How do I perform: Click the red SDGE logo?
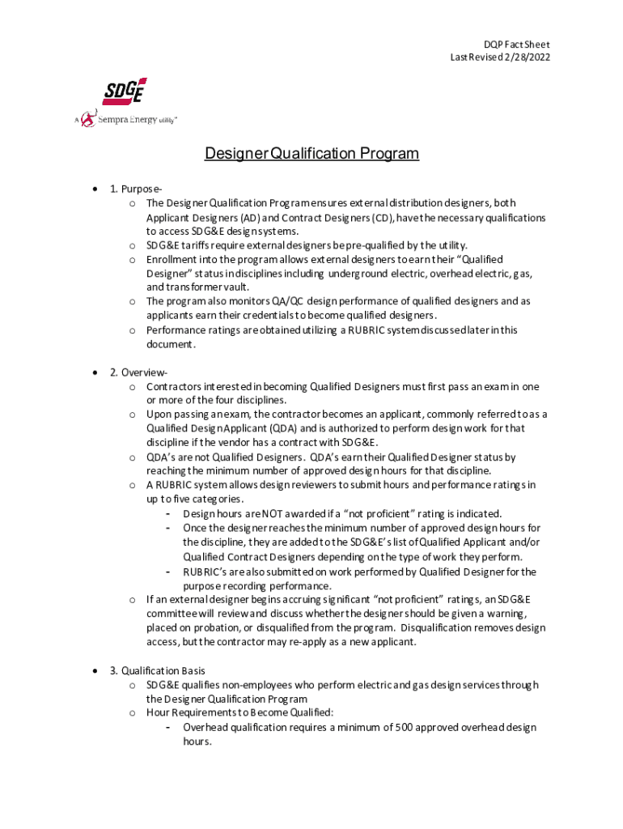[x=125, y=91]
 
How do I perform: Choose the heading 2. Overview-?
[x=138, y=372]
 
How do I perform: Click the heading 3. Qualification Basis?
[x=157, y=670]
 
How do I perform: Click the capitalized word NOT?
[x=271, y=513]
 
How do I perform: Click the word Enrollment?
[x=174, y=259]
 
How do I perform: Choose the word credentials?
[x=275, y=315]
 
